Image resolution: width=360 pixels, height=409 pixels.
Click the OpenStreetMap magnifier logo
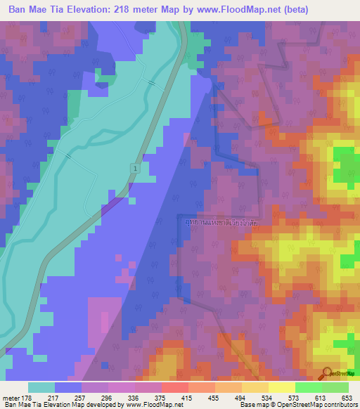pos(327,373)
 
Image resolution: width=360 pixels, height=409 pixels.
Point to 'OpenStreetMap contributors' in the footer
pos(318,405)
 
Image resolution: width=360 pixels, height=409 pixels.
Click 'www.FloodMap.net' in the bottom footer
pos(152,405)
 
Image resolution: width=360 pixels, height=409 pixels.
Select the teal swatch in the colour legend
pos(41,387)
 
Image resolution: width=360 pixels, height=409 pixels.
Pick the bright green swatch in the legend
pos(308,387)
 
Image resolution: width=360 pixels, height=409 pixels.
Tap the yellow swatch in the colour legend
pos(281,387)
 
